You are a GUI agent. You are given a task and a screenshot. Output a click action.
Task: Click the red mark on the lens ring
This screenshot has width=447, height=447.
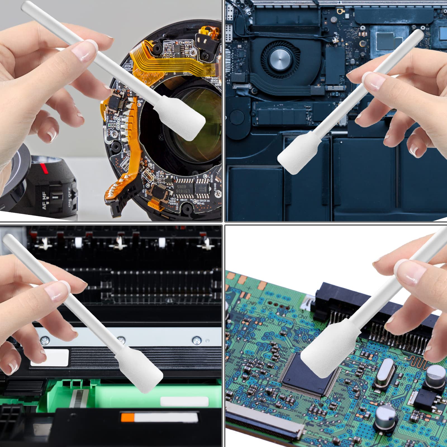click(x=43, y=168)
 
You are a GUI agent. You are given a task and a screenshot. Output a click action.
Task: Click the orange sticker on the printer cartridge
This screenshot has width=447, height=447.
click(x=127, y=418)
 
